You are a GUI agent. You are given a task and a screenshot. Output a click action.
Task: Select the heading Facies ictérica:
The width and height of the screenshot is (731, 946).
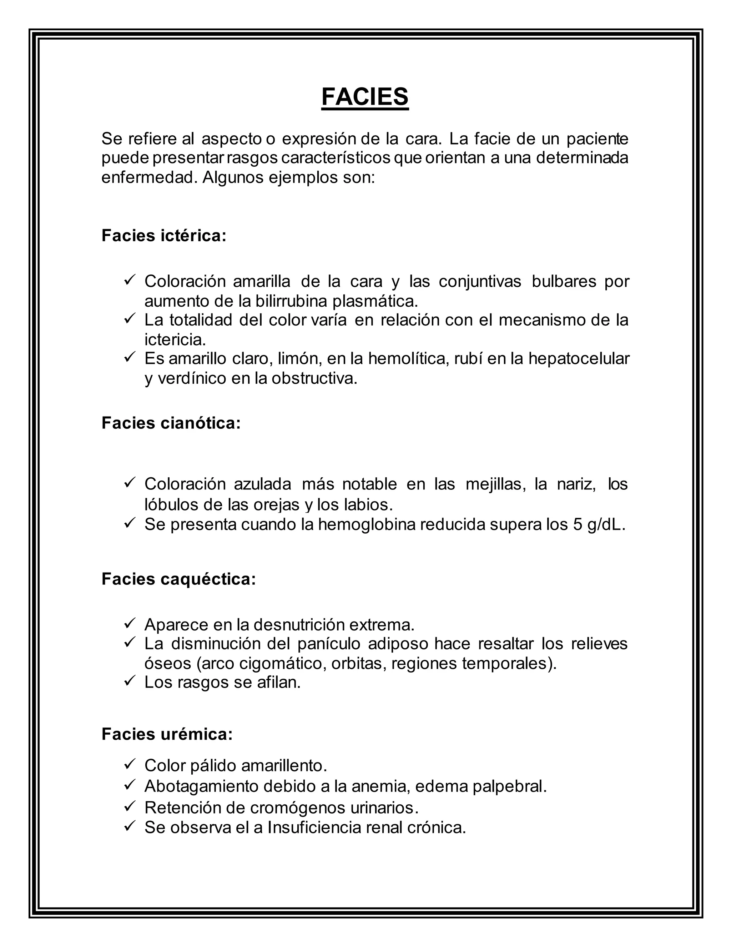coord(164,236)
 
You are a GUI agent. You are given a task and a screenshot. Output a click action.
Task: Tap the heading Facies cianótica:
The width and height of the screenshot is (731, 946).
coord(171,423)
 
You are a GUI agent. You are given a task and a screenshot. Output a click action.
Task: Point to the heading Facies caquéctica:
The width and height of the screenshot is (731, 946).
coord(178,579)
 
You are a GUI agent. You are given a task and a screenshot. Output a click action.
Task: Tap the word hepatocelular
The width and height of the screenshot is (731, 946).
coord(579,359)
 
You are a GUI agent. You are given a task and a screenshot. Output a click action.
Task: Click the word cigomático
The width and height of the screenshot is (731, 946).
coord(281,663)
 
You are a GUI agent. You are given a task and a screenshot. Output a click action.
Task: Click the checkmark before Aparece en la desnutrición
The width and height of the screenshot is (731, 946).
coord(130,623)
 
